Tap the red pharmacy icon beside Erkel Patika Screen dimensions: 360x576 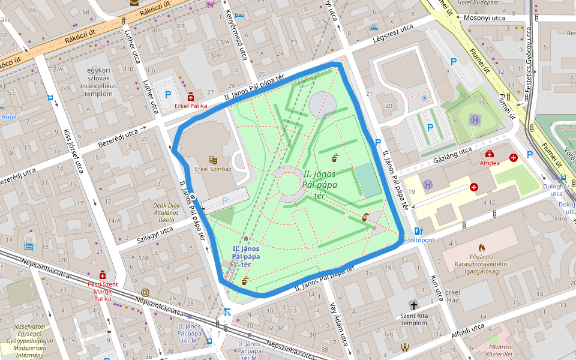191,96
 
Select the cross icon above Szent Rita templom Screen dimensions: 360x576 413,305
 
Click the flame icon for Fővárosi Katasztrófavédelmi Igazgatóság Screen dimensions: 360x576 481,247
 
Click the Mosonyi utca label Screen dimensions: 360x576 485,18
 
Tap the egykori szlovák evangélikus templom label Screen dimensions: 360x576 99,82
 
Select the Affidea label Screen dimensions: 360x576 490,163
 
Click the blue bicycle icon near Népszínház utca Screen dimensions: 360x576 227,312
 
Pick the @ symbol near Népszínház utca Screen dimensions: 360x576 145,292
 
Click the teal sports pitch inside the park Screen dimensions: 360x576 367,181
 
